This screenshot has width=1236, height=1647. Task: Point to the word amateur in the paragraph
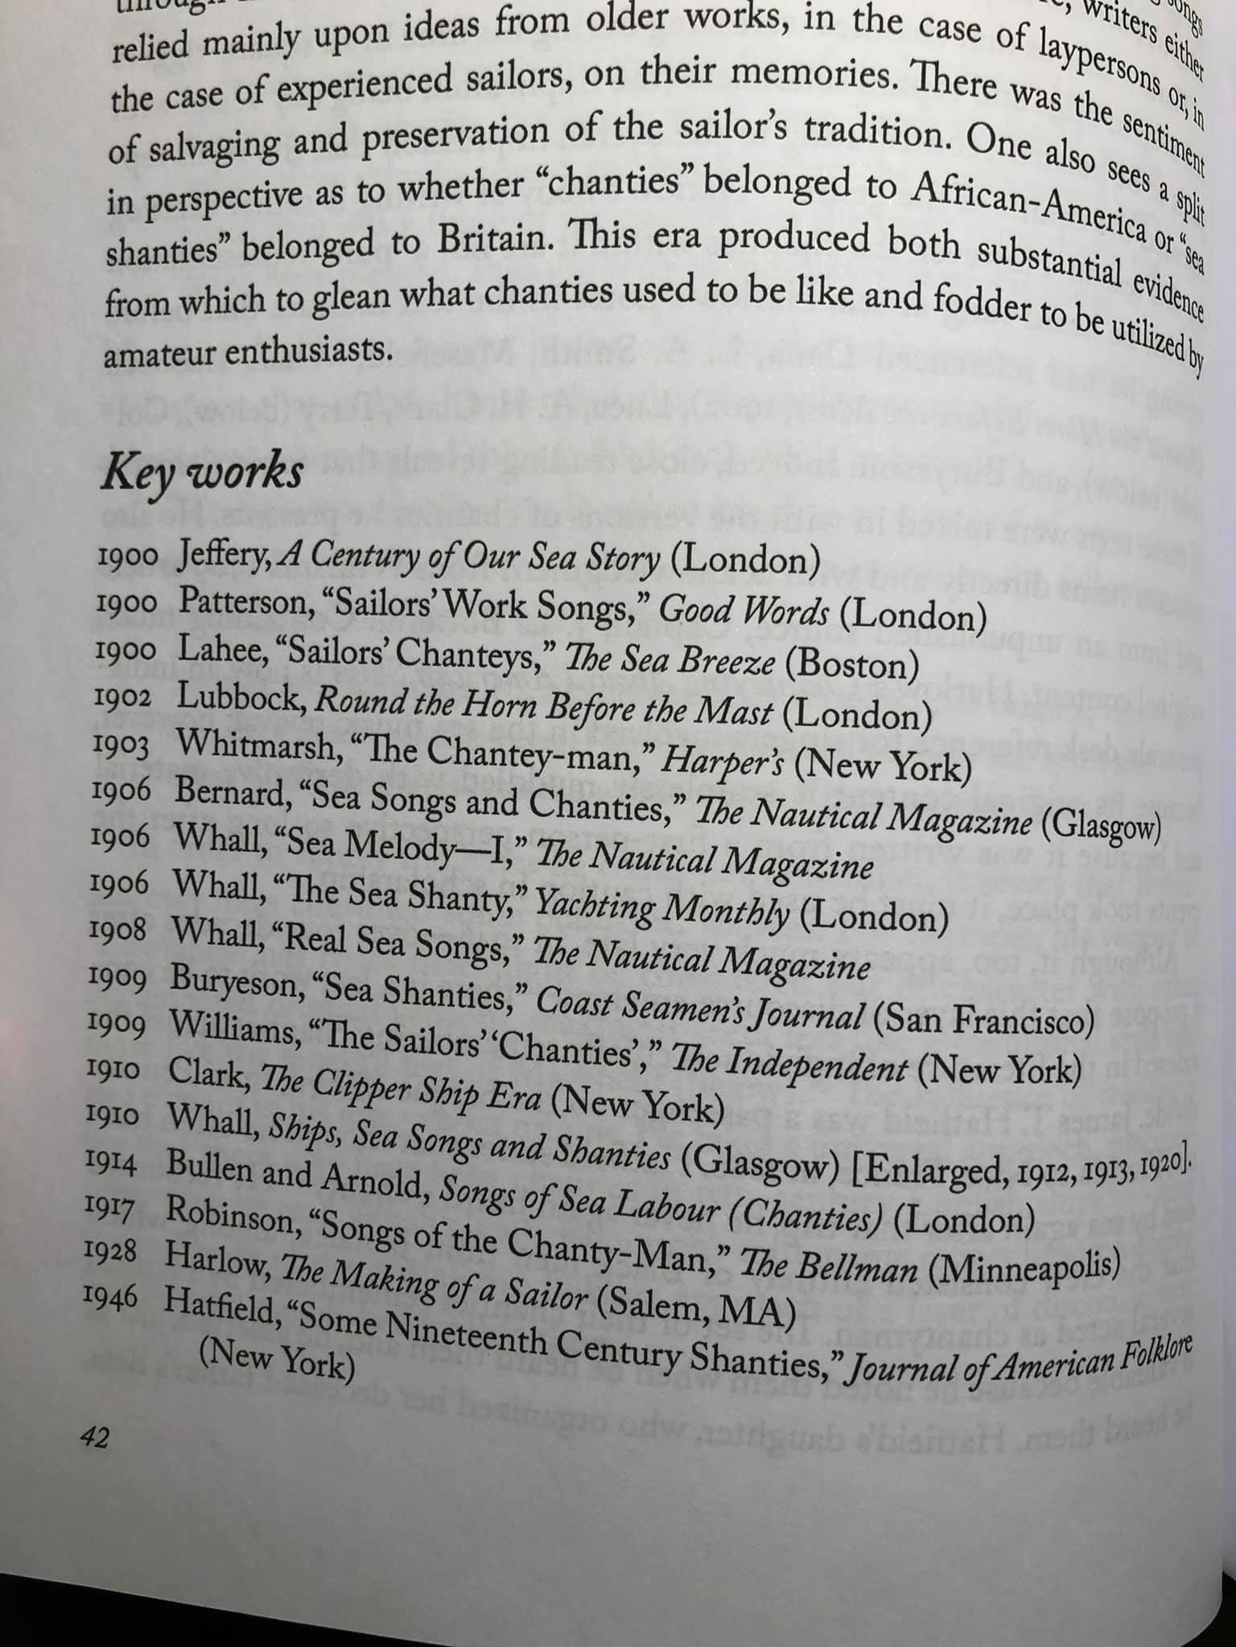156,354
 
